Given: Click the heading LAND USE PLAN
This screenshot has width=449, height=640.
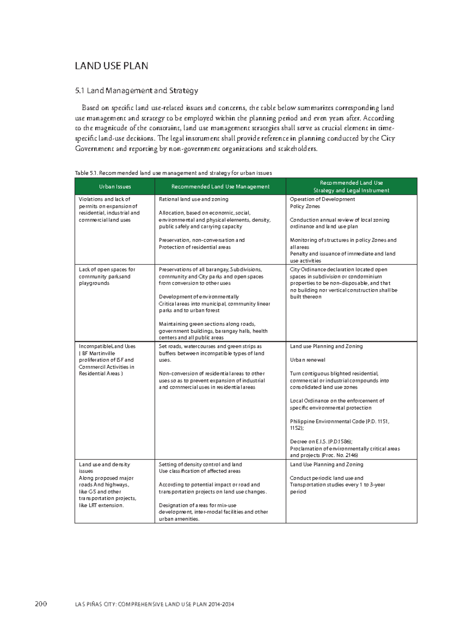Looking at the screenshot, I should pos(111,66).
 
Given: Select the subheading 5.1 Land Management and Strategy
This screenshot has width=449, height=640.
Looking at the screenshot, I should pos(136,91).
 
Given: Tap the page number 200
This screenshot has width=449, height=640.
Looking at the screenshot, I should pos(41,604).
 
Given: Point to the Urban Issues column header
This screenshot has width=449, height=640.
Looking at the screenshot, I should pos(115,186).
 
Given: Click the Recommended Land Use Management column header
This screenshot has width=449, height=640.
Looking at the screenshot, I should pos(220,186).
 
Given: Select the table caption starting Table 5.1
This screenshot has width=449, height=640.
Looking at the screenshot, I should pos(173,173).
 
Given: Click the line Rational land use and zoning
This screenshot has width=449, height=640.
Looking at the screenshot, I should pos(193,199).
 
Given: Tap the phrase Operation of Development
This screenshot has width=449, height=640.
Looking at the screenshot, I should pos(322,199).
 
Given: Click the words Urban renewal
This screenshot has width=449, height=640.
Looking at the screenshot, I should pos(307,360).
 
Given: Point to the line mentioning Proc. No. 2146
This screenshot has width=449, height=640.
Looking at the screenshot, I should pos(324,455).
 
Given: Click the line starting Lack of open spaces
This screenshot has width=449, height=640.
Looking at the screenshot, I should pos(107,270).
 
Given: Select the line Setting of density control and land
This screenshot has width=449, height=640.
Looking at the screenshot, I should pos(200,464).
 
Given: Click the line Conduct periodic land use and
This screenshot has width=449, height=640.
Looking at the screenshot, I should pos(326,478).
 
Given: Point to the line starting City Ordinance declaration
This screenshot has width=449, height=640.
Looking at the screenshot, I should pos(338,270).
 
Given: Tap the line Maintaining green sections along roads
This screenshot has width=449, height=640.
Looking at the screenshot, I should pos(207,324).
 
